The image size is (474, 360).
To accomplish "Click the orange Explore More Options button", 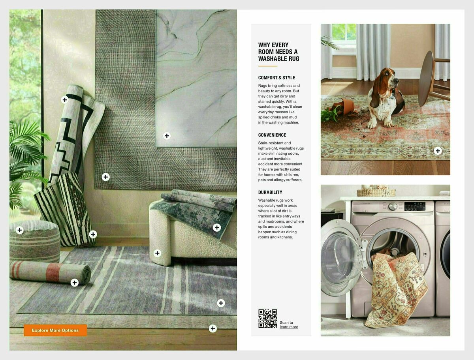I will point(55,330).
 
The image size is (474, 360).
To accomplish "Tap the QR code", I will point(267,319).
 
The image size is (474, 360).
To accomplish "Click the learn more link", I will point(289,327).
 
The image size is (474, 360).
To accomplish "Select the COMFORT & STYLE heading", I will point(276,78).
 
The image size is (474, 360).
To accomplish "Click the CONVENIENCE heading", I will point(272,135).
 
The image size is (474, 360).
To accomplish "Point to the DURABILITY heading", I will point(270,192).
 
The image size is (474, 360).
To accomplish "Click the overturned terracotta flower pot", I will point(346,107).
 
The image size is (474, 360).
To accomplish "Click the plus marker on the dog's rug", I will point(438,150).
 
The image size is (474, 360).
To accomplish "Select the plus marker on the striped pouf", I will point(20,230).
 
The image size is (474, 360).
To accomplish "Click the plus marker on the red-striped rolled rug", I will point(74,282).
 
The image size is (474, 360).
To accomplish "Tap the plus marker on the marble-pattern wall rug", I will point(167,136).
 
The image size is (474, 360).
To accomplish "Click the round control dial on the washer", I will point(393,206).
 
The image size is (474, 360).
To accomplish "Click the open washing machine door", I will point(340,258).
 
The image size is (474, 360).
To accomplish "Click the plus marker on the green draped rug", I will point(216,227).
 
